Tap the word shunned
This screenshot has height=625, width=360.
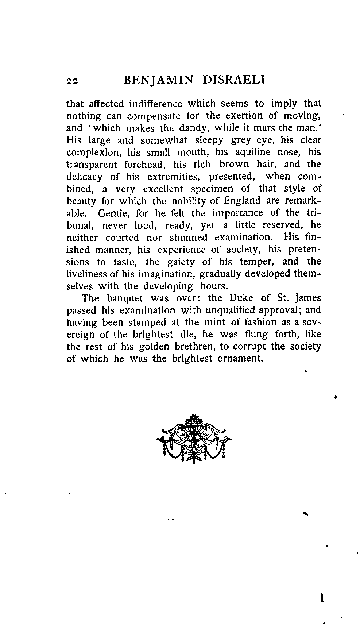(188, 238)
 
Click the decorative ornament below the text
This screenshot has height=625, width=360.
(194, 439)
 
